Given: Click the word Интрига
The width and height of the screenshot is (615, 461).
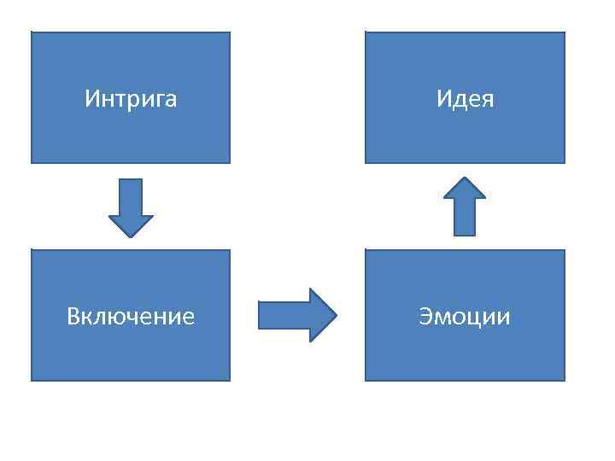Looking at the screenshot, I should point(131,99).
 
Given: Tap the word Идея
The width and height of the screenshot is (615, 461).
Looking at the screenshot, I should point(465,99).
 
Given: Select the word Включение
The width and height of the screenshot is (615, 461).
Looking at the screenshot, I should point(131,317).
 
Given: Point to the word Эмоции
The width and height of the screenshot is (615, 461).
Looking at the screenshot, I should point(465,317).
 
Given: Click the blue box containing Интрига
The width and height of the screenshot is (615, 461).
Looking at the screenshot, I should point(131,137).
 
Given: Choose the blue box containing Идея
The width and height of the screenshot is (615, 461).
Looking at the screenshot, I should point(465,137).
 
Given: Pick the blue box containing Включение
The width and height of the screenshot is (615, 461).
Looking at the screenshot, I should point(131,354).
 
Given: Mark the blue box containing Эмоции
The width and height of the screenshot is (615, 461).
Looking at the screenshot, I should point(465,354).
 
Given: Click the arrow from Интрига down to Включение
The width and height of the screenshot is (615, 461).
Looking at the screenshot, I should point(131,207).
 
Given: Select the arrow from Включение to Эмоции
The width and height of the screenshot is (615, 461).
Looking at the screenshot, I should point(297,315).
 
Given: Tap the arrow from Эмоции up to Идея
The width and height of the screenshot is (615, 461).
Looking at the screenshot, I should point(465,207).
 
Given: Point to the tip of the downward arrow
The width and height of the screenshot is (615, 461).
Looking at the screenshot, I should point(131,236).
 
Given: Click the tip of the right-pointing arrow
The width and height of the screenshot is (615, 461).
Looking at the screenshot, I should point(336,315).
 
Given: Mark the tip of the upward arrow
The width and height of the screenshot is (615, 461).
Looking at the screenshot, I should point(465,178).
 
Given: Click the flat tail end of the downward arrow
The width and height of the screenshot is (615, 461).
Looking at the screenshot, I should point(131,180).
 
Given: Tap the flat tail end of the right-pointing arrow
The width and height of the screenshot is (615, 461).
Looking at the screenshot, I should point(260,315).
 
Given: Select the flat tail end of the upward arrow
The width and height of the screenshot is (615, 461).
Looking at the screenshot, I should point(465,234).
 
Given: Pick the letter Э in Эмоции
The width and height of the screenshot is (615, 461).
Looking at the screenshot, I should point(425,318).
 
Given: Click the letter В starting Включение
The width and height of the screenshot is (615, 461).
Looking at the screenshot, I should point(73,317).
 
